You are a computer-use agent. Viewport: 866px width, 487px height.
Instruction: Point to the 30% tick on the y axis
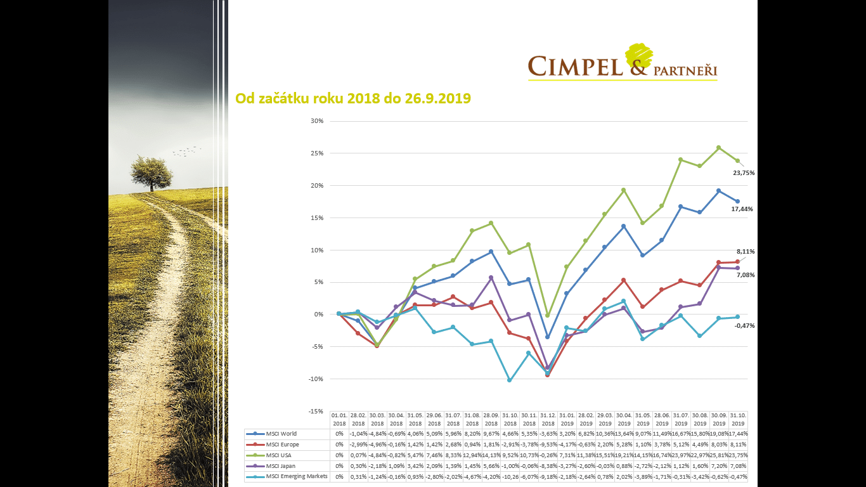pyautogui.click(x=316, y=121)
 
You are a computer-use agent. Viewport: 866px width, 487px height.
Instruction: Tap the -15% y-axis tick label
pyautogui.click(x=315, y=412)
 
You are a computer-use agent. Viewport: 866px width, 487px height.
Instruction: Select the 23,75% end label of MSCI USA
pyautogui.click(x=744, y=172)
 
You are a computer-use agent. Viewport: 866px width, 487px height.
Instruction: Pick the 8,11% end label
pyautogui.click(x=745, y=252)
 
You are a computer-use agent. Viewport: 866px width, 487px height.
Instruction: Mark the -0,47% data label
pyautogui.click(x=744, y=325)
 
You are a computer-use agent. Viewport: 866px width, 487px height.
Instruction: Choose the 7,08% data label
pyautogui.click(x=745, y=275)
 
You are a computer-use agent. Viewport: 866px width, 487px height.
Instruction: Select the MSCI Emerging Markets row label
pyautogui.click(x=297, y=476)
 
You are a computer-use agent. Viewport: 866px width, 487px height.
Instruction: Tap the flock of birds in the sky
pyautogui.click(x=186, y=152)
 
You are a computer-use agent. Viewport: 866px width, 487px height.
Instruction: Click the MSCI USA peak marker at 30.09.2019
pyautogui.click(x=718, y=148)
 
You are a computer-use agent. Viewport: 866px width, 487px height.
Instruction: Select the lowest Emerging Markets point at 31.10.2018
pyautogui.click(x=510, y=380)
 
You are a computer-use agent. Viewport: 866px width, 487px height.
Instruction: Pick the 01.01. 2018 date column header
pyautogui.click(x=339, y=419)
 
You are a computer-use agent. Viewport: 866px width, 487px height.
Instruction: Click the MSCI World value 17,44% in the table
pyautogui.click(x=738, y=434)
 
